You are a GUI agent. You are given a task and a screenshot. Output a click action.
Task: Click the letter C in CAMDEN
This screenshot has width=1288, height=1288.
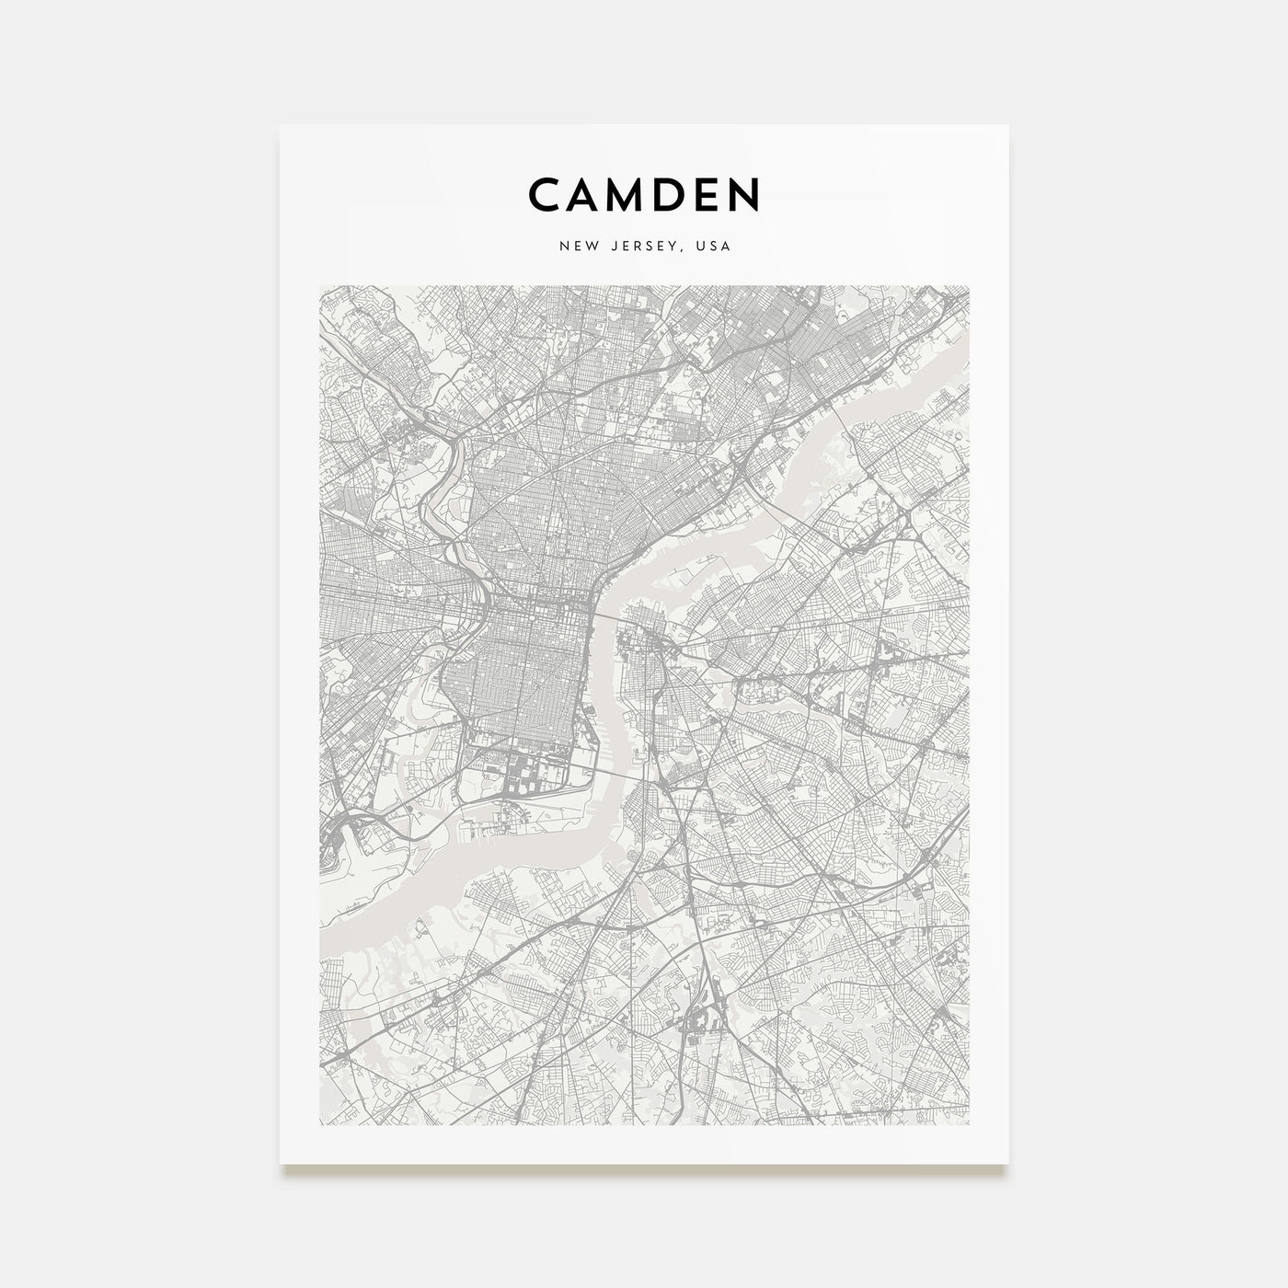545,194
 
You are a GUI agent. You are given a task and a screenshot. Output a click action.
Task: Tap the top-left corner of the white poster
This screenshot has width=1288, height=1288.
282,126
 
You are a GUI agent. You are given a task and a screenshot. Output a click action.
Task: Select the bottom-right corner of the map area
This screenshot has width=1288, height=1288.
969,1124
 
